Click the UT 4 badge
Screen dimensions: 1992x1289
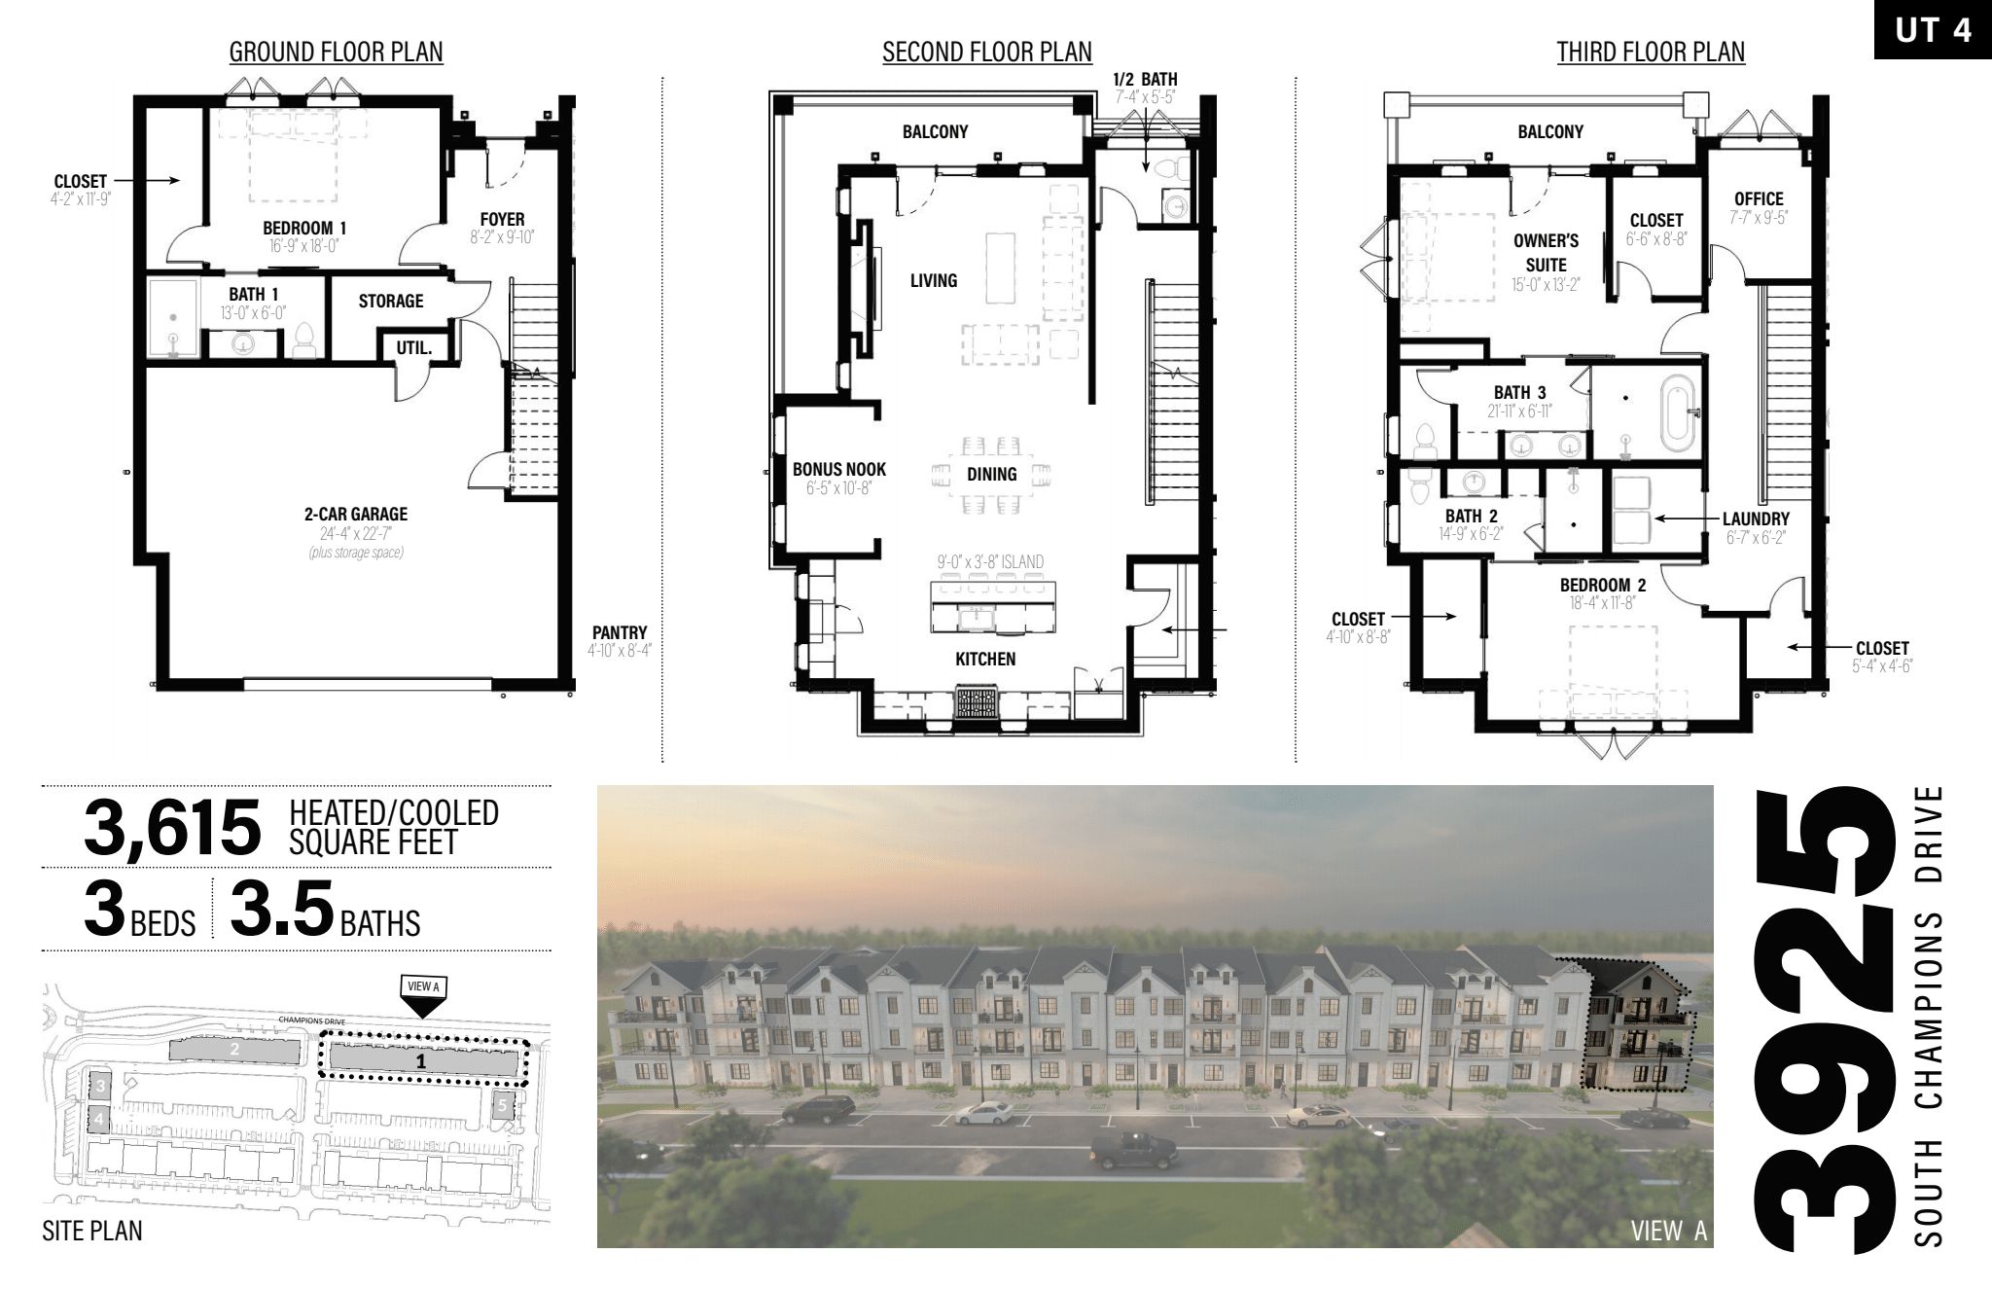pos(1933,30)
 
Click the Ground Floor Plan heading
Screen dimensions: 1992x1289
pos(337,52)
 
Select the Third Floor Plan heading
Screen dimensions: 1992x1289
pos(1651,52)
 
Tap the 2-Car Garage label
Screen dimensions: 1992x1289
pos(356,514)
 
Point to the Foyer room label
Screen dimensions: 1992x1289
pos(502,220)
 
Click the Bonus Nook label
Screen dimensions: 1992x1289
pos(839,469)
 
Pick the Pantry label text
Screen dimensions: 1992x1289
pos(620,632)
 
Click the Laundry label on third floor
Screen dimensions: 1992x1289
pos(1756,519)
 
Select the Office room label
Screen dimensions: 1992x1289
pos(1759,199)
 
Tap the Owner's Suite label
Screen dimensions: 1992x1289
pos(1546,252)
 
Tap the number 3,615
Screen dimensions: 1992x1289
pos(173,827)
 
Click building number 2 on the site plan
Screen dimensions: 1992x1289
pos(234,1050)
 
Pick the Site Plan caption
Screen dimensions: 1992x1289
pos(92,1231)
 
